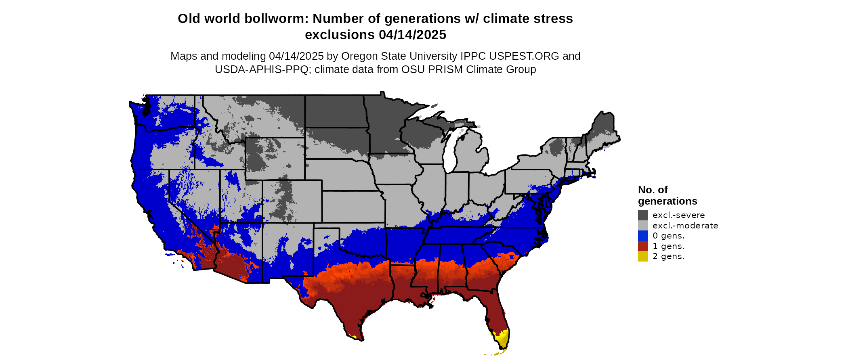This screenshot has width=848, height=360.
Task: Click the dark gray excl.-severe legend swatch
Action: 643,215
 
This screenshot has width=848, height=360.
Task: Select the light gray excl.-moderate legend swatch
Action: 643,226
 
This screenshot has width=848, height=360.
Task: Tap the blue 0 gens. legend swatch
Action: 643,236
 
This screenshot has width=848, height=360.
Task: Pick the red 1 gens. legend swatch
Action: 643,246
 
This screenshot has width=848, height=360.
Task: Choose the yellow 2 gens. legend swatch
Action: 643,256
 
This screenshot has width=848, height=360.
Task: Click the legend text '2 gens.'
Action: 668,257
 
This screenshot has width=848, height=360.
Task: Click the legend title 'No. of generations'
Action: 667,195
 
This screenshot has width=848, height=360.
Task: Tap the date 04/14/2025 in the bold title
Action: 412,35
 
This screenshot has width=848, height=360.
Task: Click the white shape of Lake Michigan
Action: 451,151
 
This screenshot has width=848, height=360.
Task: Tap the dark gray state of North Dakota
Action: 335,111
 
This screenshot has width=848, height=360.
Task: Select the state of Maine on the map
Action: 603,129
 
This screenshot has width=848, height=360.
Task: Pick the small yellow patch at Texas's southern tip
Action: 354,336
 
